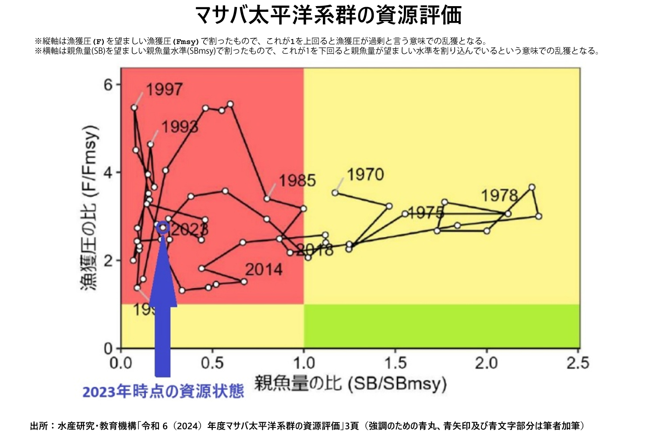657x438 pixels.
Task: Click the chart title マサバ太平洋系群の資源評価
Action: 328,15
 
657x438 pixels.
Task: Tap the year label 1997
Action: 164,90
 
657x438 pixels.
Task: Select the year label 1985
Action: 297,180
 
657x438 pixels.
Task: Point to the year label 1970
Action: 365,175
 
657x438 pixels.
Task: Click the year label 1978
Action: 499,195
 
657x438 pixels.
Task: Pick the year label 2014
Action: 263,269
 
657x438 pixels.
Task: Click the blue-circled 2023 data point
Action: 163,227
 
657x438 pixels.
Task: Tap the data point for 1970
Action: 335,193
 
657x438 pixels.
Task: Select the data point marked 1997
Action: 134,108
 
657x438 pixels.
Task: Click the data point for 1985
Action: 267,198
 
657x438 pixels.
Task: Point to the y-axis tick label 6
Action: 108,84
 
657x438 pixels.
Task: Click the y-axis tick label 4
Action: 108,172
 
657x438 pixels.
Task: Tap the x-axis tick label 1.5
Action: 395,363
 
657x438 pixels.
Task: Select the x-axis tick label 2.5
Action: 578,363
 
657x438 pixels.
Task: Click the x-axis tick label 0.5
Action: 212,363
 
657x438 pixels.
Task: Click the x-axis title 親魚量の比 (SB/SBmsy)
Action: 350,384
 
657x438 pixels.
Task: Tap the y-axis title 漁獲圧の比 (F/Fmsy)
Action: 89,208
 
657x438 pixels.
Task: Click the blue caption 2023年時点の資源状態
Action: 163,391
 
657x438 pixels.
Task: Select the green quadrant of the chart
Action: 442,326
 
